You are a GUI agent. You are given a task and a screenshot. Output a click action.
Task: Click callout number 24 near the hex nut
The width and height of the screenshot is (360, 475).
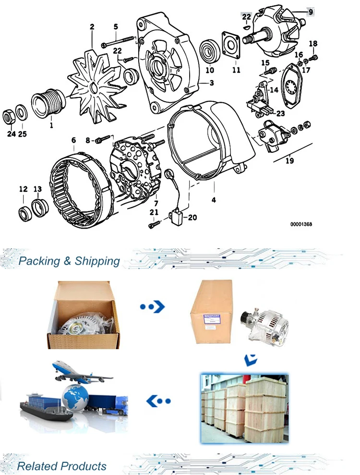(x=11, y=134)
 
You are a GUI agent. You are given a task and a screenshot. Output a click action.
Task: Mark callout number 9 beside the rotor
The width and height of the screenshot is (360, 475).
(x=311, y=12)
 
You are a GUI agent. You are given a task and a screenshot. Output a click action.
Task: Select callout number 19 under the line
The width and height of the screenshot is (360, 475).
(x=289, y=161)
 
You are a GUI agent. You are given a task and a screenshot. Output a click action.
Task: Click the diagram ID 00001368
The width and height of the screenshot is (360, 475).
(x=301, y=224)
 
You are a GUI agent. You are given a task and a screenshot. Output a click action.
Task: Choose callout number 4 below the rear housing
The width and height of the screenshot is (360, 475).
(x=213, y=199)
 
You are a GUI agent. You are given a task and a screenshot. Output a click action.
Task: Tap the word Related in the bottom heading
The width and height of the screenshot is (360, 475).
(x=36, y=466)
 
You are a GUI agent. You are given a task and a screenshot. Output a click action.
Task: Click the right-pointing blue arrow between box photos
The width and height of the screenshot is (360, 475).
(x=153, y=306)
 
